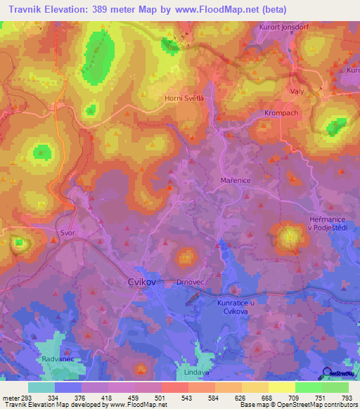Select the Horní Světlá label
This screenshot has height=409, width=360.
pyautogui.click(x=184, y=98)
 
